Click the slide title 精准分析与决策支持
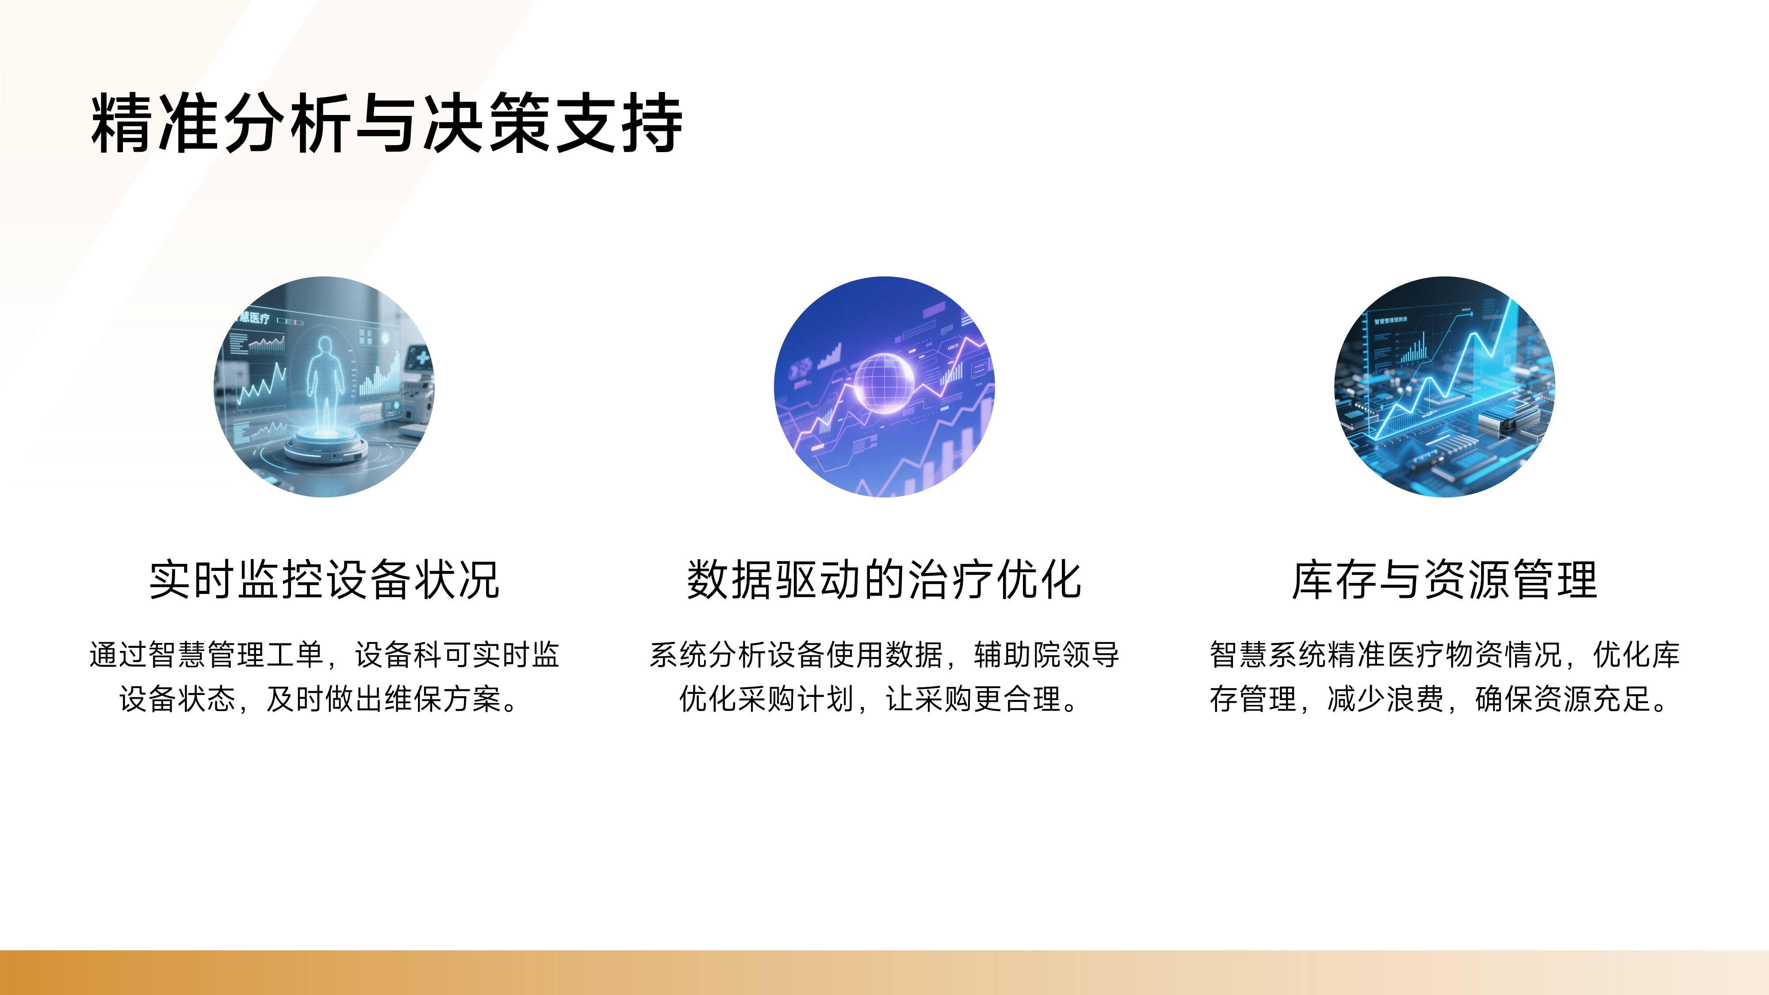(x=387, y=124)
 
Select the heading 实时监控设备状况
(x=324, y=580)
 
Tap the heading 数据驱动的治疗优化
(x=884, y=580)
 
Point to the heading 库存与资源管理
(x=1445, y=580)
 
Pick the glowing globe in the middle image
(x=884, y=383)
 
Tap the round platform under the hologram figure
(x=326, y=446)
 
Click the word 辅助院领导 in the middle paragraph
(x=1046, y=654)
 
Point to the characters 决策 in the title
(x=486, y=124)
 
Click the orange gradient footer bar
(x=884, y=972)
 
